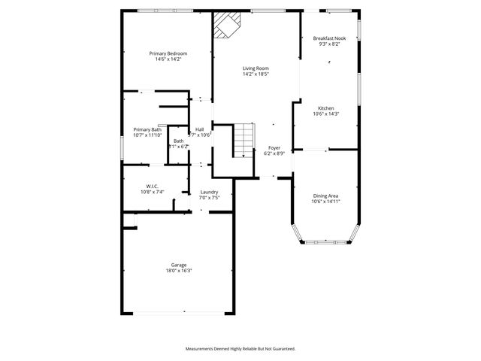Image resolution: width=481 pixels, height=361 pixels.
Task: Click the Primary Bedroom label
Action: coord(168,53)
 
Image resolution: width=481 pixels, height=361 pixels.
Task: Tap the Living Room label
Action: coord(256,68)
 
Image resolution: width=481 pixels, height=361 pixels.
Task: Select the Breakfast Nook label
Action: coord(330,38)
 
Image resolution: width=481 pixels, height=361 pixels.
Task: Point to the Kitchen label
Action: coord(326,108)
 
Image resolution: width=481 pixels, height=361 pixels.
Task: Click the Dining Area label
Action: coord(326,196)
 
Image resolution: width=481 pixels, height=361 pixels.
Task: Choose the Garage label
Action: coord(179,265)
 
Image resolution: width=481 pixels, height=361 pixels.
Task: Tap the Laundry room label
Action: coord(210,192)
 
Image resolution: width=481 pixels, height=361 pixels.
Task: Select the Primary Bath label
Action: coord(147,129)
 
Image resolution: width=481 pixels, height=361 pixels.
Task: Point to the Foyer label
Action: coord(274,148)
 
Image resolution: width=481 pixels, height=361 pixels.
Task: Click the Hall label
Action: coord(200,129)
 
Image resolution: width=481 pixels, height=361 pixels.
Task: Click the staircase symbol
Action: coord(242,140)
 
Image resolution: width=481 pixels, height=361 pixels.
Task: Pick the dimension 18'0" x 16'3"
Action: coord(179,271)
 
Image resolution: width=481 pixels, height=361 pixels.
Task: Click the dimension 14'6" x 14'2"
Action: coord(168,59)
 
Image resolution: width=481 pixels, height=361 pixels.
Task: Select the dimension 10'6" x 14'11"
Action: coord(326,201)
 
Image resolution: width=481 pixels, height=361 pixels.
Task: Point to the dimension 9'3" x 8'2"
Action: coord(330,44)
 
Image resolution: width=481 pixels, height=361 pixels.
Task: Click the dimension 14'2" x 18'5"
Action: coord(256,74)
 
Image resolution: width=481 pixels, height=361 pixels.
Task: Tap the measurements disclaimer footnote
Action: coord(240,349)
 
